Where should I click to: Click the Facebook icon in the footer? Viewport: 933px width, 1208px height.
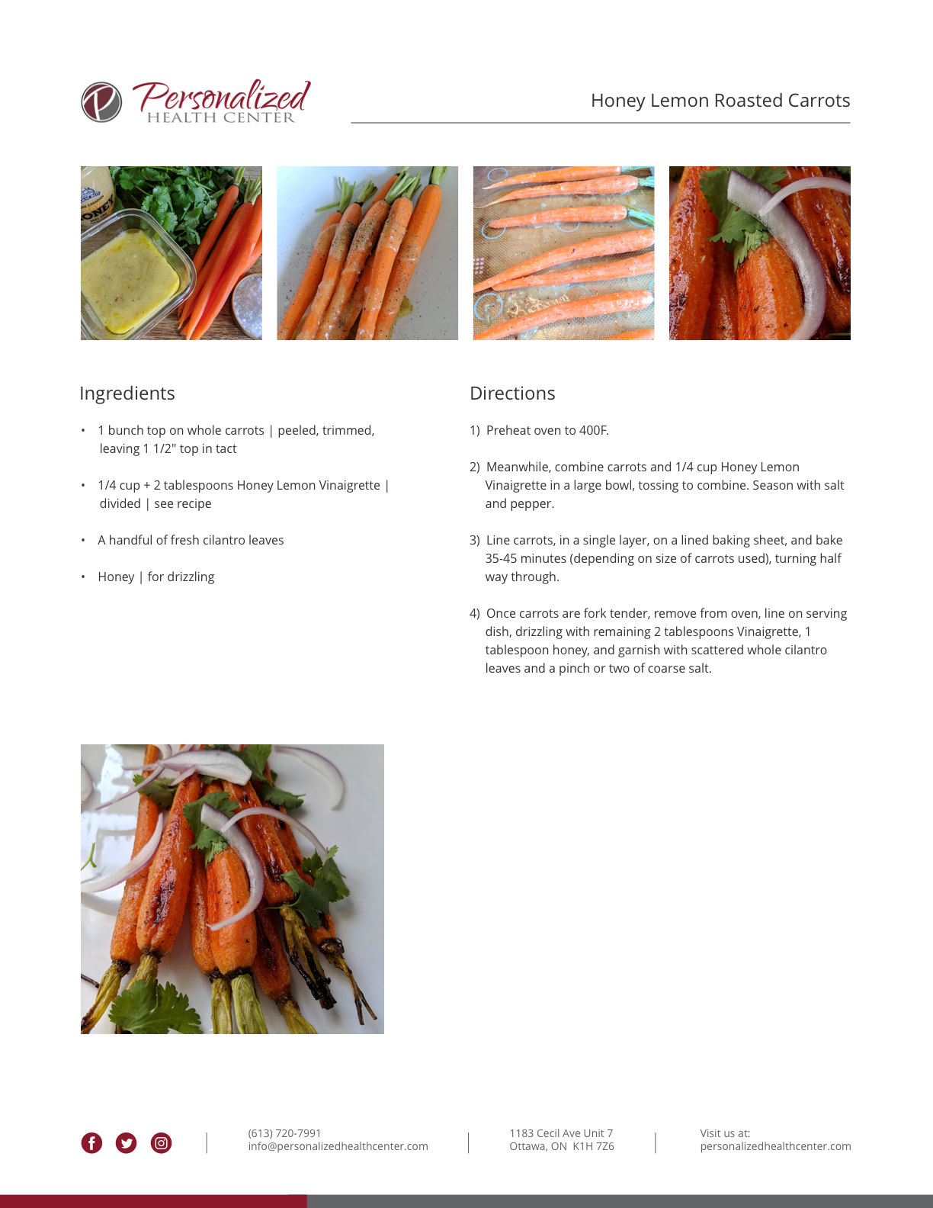91,1143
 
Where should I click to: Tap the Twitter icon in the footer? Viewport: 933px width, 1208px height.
126,1143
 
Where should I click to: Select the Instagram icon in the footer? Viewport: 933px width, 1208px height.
161,1143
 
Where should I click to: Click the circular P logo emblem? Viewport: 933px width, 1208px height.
101,102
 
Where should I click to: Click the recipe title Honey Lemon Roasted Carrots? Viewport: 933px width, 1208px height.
720,100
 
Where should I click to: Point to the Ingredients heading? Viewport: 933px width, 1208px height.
127,393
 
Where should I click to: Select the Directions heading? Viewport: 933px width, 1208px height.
512,393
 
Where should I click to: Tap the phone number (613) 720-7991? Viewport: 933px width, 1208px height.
284,1133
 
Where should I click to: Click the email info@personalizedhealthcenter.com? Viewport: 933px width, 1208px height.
338,1146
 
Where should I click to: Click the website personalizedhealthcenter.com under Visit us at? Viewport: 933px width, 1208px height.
775,1146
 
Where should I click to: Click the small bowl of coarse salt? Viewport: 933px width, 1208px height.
247,306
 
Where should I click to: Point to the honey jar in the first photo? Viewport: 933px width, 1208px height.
98,198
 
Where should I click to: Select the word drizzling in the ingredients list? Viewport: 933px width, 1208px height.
191,577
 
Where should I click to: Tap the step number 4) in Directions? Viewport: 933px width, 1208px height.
475,614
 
